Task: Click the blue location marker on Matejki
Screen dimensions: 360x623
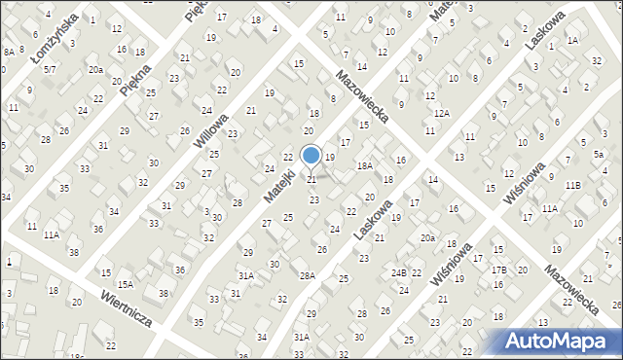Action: [x=311, y=155]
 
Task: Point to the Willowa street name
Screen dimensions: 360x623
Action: [x=211, y=127]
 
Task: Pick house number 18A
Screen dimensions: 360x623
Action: [x=364, y=166]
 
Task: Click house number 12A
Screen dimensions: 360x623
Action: [x=442, y=114]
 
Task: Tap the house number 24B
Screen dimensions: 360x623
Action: [x=399, y=273]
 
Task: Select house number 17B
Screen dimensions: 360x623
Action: [x=499, y=270]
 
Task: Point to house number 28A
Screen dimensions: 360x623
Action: [x=308, y=276]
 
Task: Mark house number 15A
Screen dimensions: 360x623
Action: [x=126, y=284]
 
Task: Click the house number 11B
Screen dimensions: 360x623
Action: [x=572, y=185]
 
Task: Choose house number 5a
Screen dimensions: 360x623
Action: [x=600, y=155]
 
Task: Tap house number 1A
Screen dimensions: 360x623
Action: [x=572, y=40]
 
